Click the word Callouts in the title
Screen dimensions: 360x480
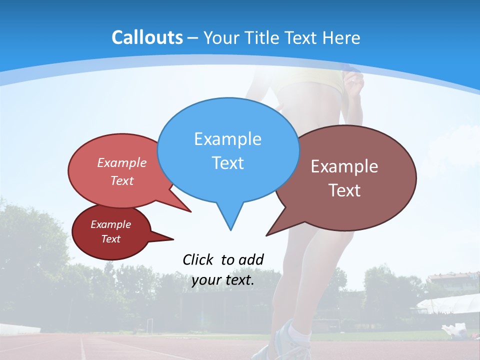tap(147, 37)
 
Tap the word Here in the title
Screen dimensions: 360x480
tap(341, 38)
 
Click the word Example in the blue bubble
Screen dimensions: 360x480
tap(227, 139)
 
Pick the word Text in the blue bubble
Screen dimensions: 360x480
tap(227, 163)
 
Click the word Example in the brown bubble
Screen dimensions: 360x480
tap(344, 166)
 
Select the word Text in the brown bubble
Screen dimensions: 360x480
tap(344, 190)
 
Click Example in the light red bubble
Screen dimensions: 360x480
tap(122, 163)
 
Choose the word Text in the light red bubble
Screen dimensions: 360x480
tap(122, 181)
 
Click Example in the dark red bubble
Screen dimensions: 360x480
tap(110, 224)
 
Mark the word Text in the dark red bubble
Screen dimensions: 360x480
tap(111, 239)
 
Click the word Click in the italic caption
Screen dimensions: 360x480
tap(198, 260)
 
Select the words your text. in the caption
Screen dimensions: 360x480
tap(223, 280)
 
